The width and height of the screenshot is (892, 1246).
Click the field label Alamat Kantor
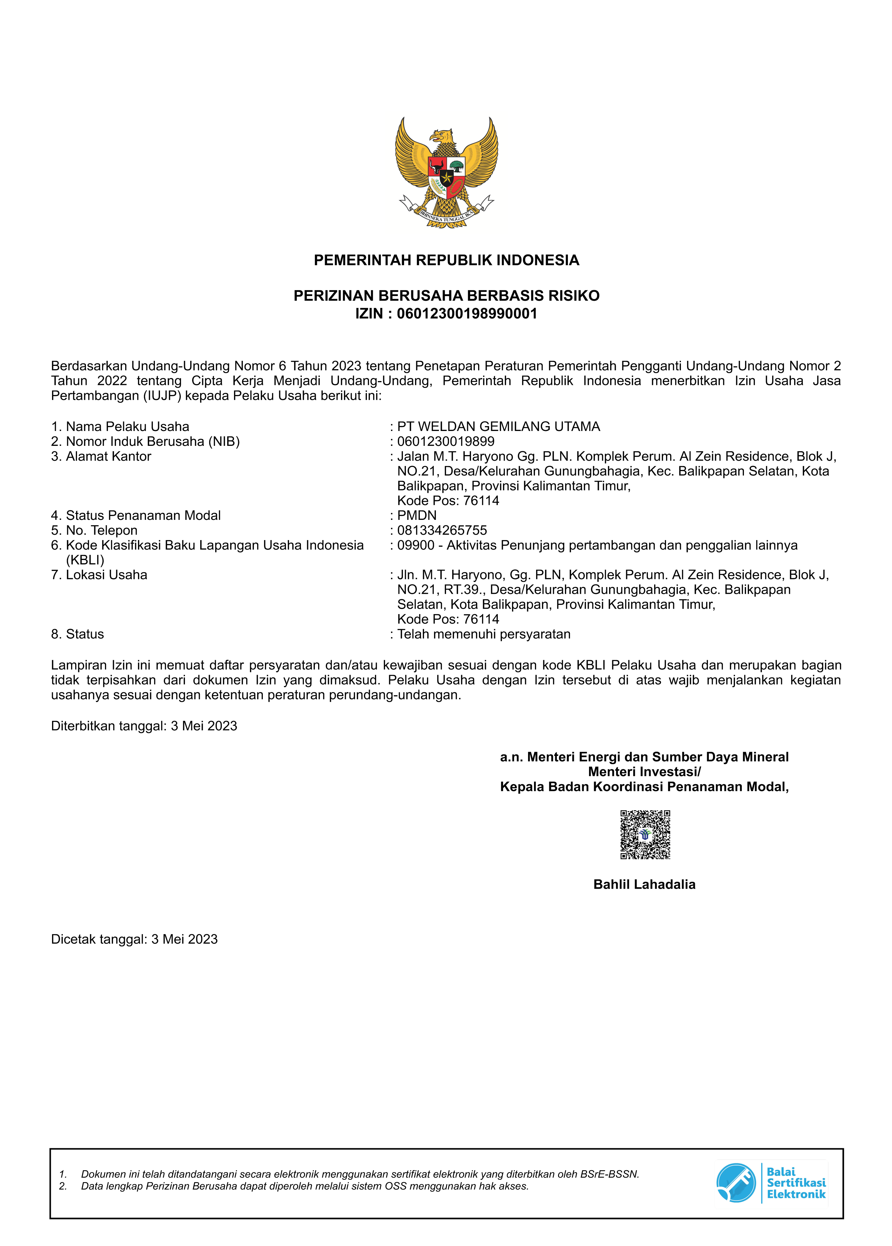(108, 456)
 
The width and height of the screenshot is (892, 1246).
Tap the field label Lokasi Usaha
(106, 575)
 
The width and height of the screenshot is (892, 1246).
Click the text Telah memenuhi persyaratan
(483, 634)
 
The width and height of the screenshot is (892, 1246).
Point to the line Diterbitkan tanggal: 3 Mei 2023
(144, 726)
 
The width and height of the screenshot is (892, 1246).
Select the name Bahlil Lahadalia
(644, 884)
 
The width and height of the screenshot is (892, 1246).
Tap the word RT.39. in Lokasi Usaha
(466, 590)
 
